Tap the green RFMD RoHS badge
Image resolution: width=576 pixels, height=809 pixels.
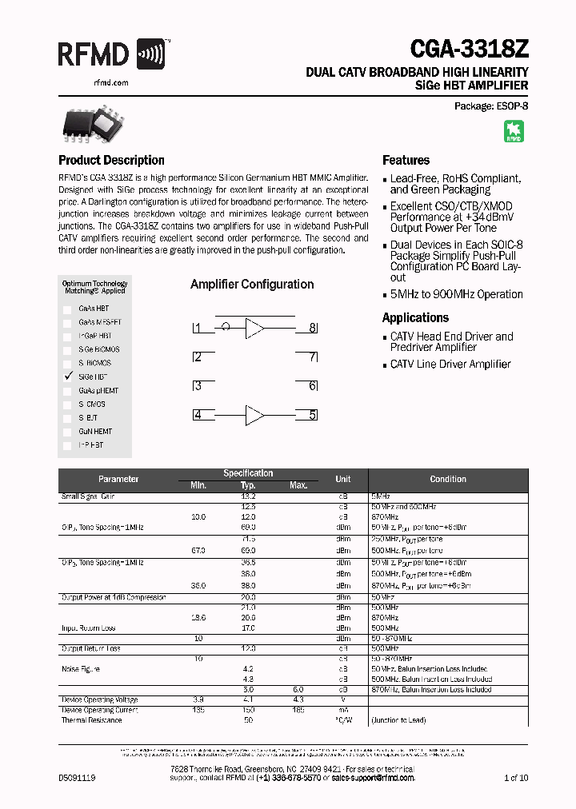[514, 131]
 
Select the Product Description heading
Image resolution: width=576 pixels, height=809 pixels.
[111, 160]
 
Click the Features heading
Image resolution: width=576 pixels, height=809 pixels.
[406, 160]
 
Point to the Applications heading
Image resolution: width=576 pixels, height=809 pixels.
[415, 317]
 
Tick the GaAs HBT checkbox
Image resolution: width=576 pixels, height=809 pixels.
[68, 309]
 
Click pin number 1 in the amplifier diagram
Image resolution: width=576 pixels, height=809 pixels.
[197, 328]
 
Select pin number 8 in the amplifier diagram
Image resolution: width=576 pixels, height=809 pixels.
[313, 328]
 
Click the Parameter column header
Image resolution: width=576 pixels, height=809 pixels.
[118, 479]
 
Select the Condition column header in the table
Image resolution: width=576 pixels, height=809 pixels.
[447, 479]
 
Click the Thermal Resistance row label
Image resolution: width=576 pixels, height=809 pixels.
[91, 720]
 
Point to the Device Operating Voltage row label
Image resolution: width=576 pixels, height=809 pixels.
[99, 699]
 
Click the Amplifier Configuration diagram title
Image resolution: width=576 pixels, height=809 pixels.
[252, 285]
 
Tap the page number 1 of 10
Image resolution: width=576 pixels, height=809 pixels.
[516, 777]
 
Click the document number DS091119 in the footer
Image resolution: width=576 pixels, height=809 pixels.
[77, 777]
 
